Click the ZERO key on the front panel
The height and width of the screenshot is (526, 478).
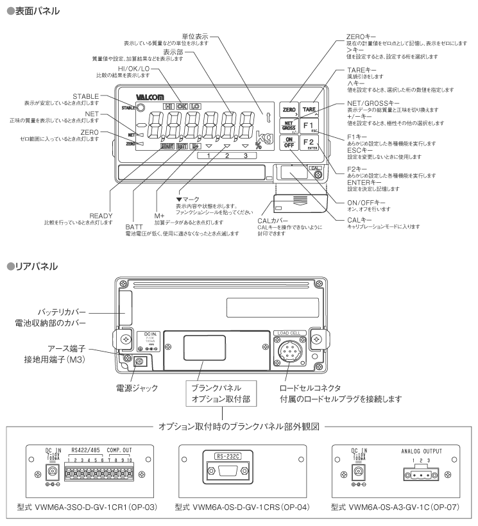click(x=289, y=111)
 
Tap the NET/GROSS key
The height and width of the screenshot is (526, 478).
click(x=289, y=125)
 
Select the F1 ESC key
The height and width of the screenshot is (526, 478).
click(x=309, y=125)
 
